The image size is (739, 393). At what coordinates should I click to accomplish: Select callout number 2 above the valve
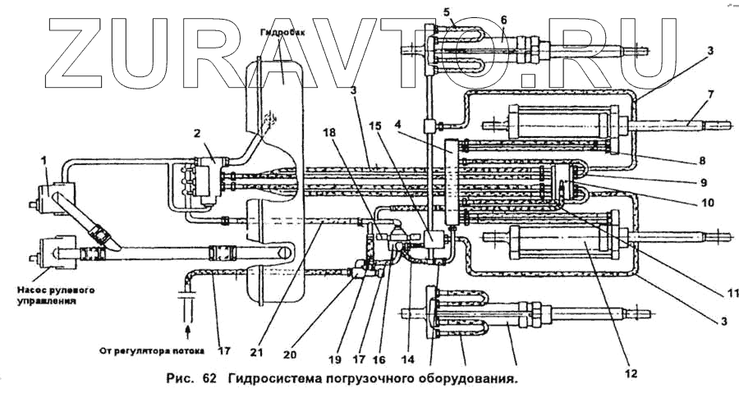(x=198, y=133)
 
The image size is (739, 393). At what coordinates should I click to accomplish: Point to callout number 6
(x=503, y=20)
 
